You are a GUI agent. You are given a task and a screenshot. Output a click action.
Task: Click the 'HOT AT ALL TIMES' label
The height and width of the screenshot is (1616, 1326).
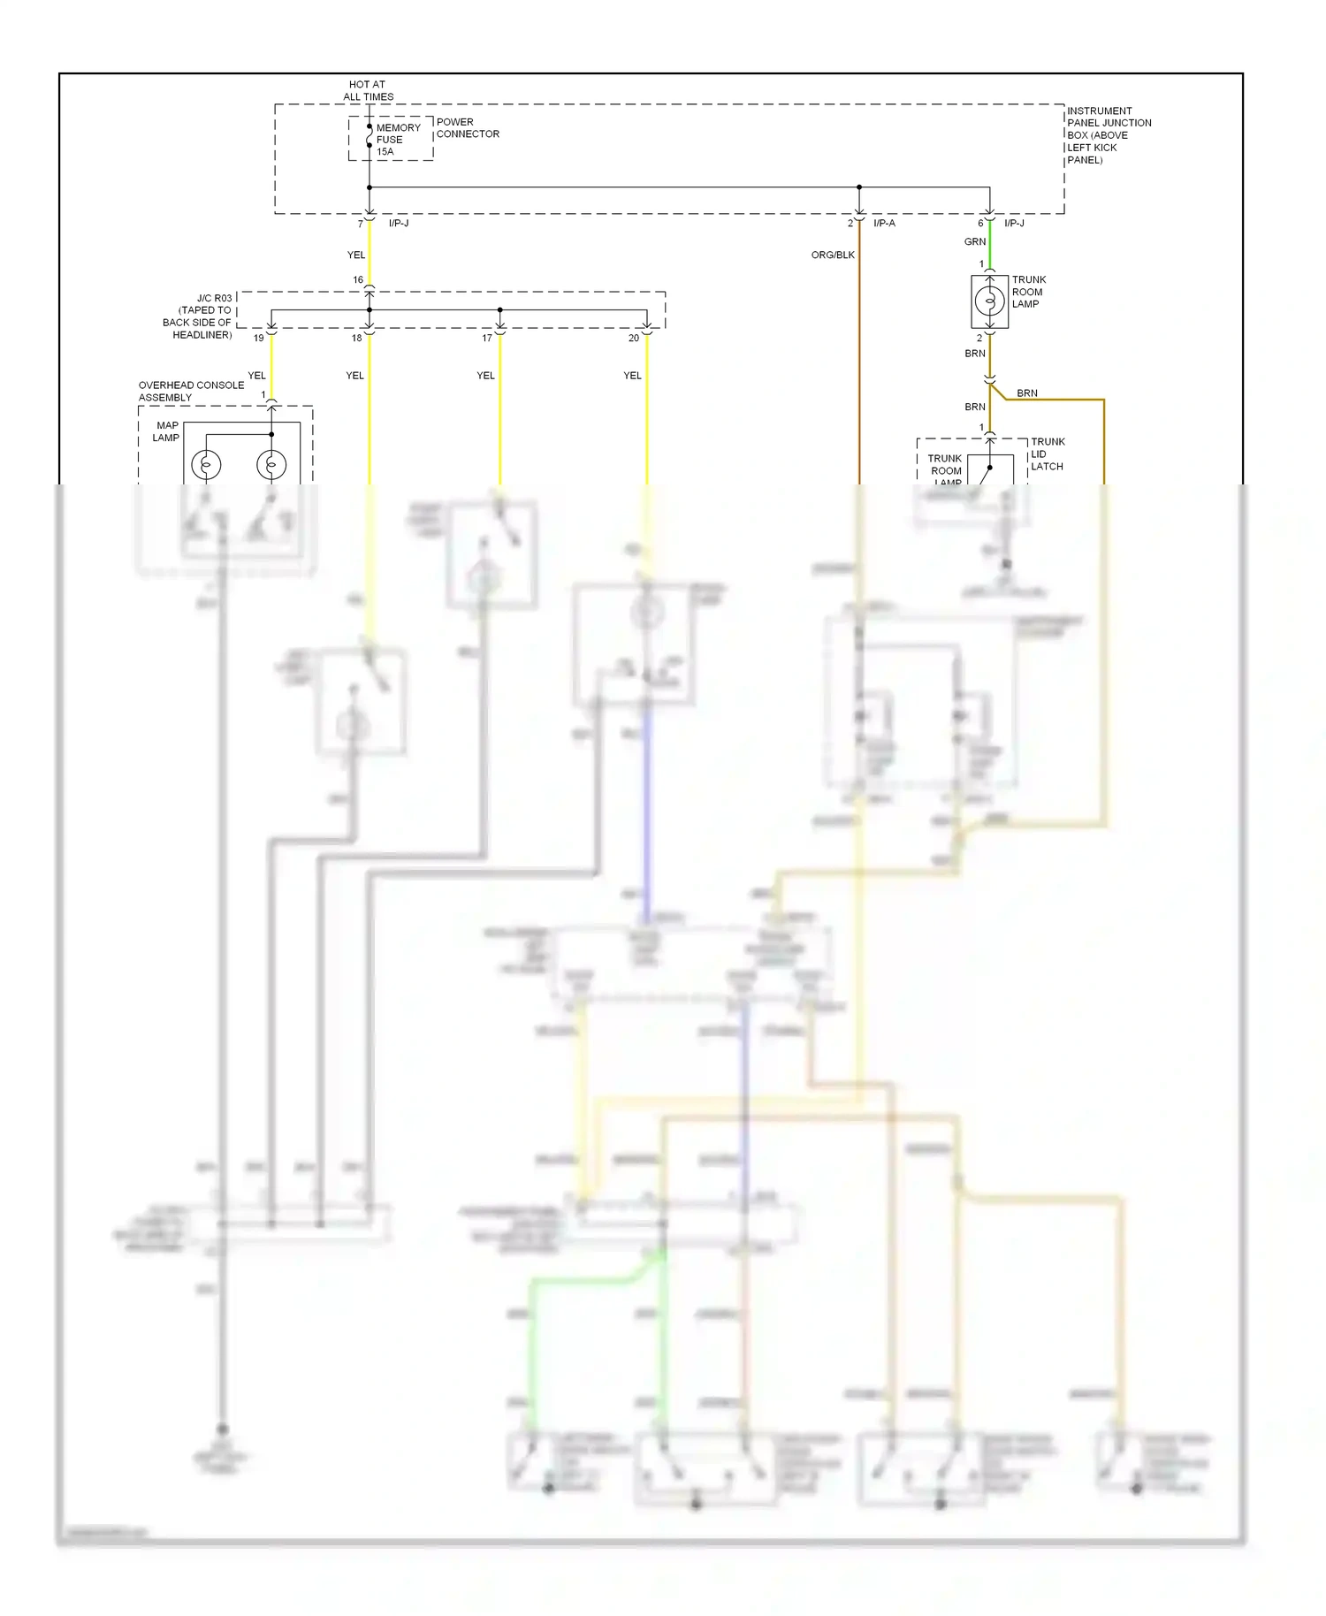[x=368, y=90]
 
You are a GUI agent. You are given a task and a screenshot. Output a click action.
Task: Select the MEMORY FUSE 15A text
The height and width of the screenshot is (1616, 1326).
[x=397, y=140]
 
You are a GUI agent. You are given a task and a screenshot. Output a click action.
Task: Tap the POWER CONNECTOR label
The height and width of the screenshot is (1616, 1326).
[x=467, y=128]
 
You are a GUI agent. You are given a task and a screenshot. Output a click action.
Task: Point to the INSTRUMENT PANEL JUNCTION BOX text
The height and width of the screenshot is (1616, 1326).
[x=1108, y=135]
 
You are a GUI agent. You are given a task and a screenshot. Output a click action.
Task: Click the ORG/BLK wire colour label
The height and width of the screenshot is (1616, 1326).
[x=833, y=255]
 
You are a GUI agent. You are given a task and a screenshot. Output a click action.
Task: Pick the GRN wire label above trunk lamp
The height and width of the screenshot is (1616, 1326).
[x=974, y=241]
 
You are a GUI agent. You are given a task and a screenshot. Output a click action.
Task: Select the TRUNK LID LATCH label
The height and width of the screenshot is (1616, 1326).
[x=1047, y=454]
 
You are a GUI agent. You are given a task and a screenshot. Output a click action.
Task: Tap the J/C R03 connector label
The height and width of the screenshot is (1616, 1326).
[x=198, y=316]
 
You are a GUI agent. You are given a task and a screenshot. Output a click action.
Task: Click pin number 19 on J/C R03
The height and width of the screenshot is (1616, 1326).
[x=258, y=338]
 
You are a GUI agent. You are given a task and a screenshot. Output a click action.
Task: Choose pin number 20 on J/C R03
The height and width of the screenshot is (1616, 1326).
[x=633, y=338]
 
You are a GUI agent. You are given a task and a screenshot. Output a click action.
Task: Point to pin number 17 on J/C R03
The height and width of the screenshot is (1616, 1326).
[x=486, y=338]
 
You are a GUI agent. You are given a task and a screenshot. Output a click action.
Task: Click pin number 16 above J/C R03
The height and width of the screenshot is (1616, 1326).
[x=358, y=279]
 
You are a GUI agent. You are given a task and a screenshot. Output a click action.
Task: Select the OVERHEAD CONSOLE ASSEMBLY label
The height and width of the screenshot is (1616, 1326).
[x=191, y=391]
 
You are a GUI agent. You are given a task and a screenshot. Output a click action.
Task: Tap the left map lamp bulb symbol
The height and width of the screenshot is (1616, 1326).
[x=206, y=464]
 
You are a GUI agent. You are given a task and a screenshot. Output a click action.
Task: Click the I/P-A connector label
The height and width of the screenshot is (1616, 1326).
[x=884, y=223]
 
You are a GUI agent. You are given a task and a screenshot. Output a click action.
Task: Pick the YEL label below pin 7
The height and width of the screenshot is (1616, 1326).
[x=355, y=255]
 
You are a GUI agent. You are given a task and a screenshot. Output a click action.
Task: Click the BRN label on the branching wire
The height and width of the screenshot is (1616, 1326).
[x=1026, y=393]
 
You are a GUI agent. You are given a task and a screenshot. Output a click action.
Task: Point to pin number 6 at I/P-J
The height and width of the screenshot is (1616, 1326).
[x=979, y=223]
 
